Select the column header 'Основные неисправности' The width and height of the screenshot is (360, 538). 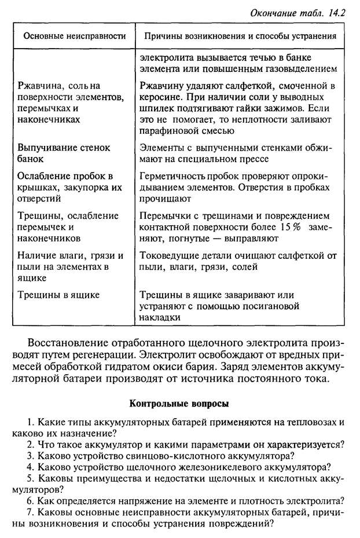[x=75, y=36]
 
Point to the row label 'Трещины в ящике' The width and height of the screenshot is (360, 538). [x=58, y=295]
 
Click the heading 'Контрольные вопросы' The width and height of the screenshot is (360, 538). [x=179, y=404]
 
